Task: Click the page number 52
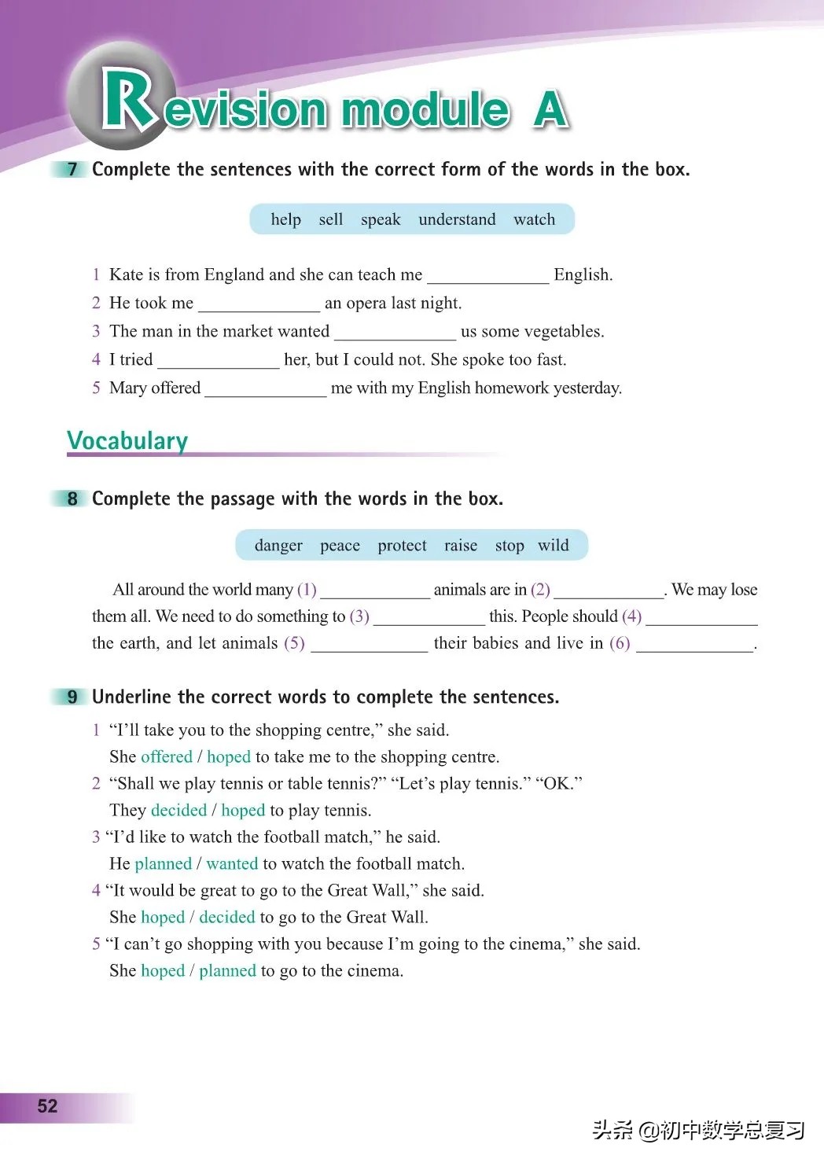[x=47, y=1106]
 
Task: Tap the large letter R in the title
[x=128, y=100]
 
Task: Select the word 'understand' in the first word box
[x=457, y=219]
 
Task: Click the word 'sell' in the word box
[x=331, y=219]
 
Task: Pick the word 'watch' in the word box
[x=534, y=219]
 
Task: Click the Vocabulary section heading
[x=127, y=440]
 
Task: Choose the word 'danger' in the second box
[x=278, y=546]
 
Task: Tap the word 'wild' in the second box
[x=554, y=546]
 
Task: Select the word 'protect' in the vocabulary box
[x=402, y=546]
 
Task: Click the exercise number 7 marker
[x=72, y=169]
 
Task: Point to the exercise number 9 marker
[x=72, y=697]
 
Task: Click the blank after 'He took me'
[x=259, y=305]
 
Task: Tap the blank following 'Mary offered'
[x=266, y=390]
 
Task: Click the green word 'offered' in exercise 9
[x=167, y=756]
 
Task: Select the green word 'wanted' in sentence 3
[x=232, y=863]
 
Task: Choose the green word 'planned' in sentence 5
[x=227, y=970]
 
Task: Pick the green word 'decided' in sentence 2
[x=178, y=810]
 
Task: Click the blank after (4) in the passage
[x=701, y=618]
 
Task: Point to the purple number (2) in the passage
[x=540, y=590]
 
